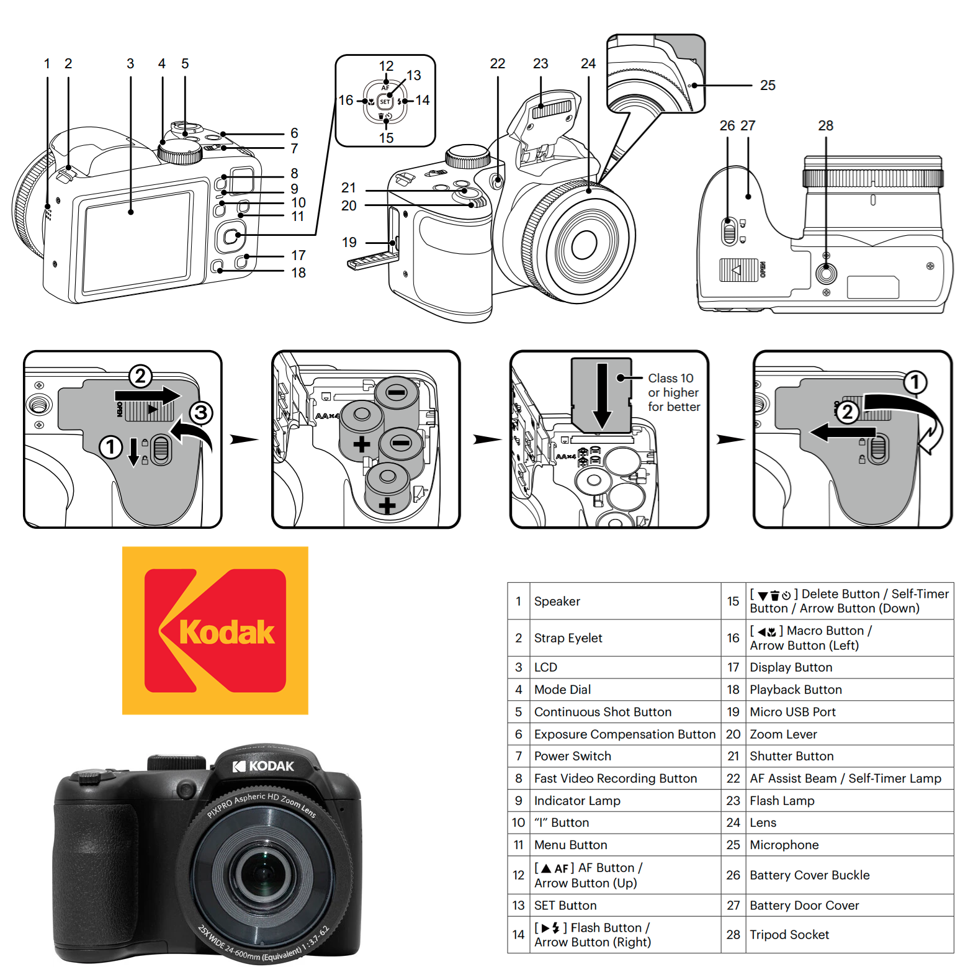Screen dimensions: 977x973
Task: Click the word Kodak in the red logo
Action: [x=226, y=633]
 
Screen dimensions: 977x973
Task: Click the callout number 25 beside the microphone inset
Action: [x=768, y=86]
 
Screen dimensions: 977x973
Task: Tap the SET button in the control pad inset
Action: [x=385, y=101]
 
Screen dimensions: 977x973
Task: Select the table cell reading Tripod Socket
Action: [x=789, y=935]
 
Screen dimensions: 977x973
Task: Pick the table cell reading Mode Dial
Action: [x=562, y=690]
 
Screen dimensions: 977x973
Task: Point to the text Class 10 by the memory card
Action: [x=670, y=378]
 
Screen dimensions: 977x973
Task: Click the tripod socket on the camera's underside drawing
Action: [x=826, y=273]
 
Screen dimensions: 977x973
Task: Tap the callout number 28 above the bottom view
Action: [x=825, y=125]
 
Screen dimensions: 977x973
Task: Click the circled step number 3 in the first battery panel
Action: [x=200, y=413]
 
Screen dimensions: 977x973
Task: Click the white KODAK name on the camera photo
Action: [x=271, y=766]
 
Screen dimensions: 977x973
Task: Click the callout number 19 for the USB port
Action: [x=349, y=242]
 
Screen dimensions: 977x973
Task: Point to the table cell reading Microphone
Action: [x=784, y=845]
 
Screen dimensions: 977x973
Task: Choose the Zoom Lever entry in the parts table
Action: [x=783, y=734]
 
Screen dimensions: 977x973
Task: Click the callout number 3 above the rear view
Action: [x=130, y=64]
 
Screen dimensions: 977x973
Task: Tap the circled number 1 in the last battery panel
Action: [x=915, y=382]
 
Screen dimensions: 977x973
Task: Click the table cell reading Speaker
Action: [x=557, y=601]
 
